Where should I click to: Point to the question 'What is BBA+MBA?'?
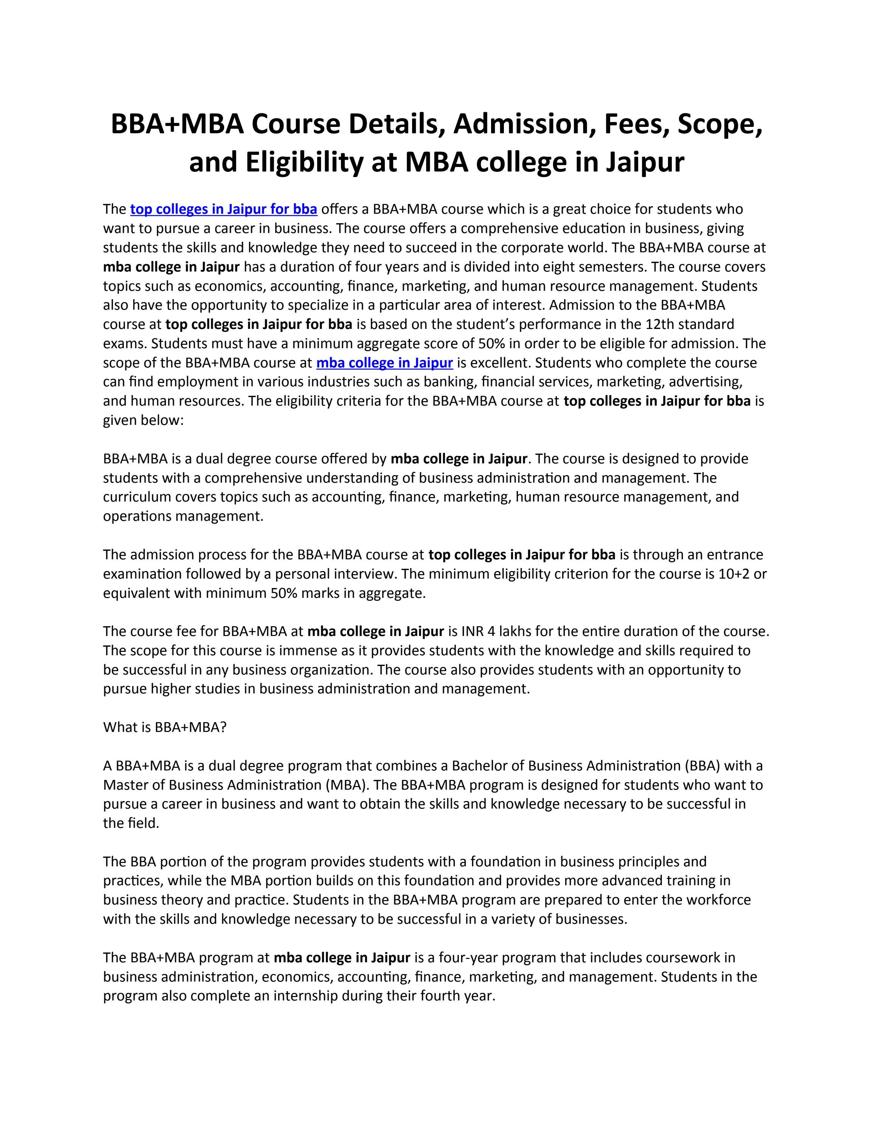click(x=165, y=727)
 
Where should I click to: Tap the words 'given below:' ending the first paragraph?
click(x=143, y=420)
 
